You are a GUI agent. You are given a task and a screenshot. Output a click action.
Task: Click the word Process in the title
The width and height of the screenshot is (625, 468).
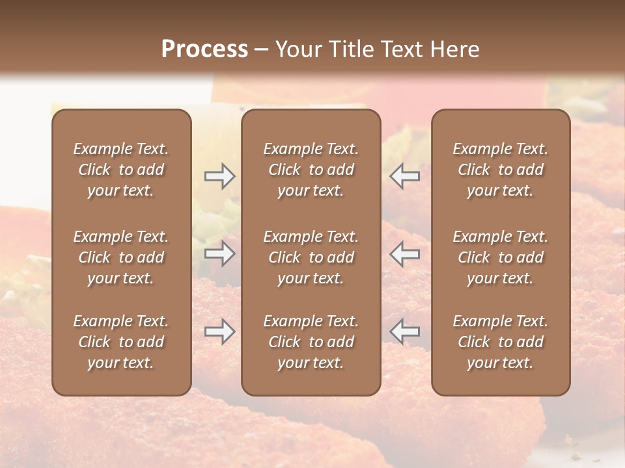(204, 49)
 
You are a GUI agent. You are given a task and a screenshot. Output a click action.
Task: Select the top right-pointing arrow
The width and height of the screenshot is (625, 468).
(219, 176)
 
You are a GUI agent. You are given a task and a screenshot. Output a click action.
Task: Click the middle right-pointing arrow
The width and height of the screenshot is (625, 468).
(219, 253)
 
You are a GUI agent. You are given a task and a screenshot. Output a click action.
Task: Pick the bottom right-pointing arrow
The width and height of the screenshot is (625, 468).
(219, 331)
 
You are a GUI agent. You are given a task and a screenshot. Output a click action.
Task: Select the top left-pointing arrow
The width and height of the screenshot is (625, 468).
(404, 176)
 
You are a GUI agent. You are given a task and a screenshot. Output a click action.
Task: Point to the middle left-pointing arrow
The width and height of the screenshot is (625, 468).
(404, 253)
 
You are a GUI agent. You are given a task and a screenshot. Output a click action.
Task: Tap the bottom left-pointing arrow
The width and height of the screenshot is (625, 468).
(404, 331)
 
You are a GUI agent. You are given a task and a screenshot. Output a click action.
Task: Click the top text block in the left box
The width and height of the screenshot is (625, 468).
(121, 170)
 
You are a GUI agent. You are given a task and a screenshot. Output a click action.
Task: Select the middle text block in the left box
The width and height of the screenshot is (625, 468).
(121, 257)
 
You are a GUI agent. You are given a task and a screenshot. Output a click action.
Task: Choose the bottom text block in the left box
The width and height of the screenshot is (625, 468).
(121, 342)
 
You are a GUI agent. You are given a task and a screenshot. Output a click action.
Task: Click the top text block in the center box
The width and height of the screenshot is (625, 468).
(311, 170)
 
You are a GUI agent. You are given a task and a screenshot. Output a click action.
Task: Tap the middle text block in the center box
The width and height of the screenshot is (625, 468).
(311, 257)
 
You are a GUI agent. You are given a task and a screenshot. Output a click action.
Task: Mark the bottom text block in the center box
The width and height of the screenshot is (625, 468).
(311, 342)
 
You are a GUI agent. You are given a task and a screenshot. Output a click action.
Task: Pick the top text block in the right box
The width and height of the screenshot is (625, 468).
(500, 170)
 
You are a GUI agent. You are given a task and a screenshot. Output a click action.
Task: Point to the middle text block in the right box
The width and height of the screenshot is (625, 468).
(500, 257)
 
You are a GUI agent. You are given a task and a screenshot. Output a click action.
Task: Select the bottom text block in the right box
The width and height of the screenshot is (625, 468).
(500, 342)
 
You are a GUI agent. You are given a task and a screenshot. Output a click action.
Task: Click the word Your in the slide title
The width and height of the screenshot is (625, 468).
(296, 49)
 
